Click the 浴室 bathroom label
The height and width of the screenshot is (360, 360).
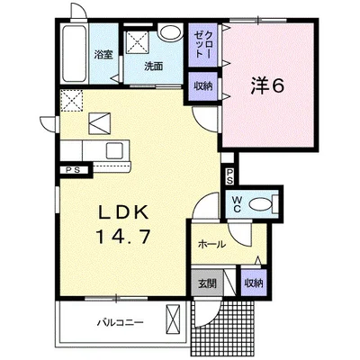(103, 55)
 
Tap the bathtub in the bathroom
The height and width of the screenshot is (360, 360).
(74, 54)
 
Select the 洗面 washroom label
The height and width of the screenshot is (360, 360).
(153, 67)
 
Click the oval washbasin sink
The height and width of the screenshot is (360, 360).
(170, 32)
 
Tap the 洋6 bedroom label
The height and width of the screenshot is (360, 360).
(267, 86)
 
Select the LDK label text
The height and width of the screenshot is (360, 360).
(124, 213)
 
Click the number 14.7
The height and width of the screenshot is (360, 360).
(123, 237)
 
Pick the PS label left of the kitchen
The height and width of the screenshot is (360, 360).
(73, 170)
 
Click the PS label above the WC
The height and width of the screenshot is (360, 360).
(229, 176)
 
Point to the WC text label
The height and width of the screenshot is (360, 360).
(237, 204)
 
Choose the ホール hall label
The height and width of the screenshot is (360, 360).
(211, 245)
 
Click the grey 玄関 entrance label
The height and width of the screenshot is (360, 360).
(207, 283)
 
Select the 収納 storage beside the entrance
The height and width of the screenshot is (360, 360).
(254, 283)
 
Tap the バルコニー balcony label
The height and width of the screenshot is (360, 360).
(121, 323)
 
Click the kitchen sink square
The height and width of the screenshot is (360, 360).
(114, 151)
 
